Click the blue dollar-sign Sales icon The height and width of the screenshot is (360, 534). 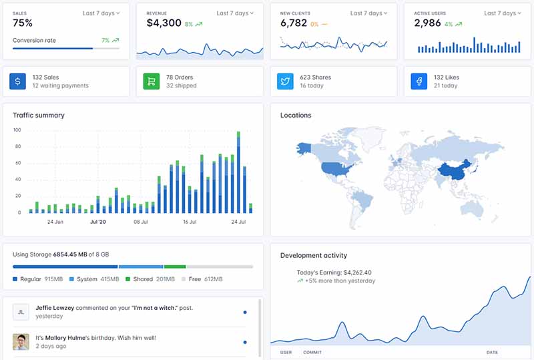18,81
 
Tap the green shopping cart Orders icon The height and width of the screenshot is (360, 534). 152,81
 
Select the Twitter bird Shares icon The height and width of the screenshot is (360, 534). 286,81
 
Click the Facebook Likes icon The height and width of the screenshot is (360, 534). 419,81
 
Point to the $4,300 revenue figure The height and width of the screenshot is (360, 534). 164,23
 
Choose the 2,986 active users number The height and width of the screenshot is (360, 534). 427,23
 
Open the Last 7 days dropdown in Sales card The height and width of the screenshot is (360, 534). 101,13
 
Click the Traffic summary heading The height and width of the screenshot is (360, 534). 39,116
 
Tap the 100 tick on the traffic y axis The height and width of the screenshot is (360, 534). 17,130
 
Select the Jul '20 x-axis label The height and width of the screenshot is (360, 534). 98,222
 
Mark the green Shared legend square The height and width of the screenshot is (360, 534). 128,279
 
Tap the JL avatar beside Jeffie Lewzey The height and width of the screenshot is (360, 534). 21,312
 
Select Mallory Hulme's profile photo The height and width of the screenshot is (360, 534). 21,342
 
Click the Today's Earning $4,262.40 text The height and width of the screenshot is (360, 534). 334,273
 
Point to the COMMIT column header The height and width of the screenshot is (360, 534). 312,352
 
